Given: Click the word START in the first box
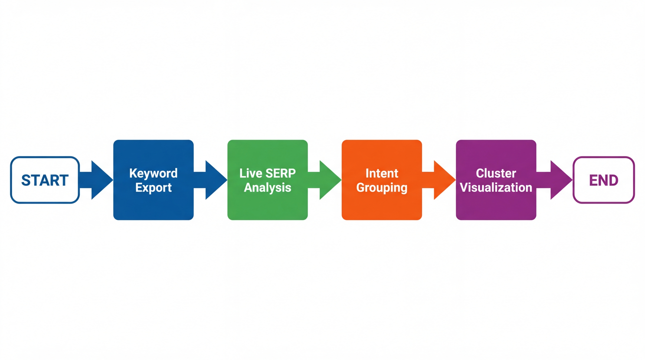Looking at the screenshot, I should (x=45, y=180).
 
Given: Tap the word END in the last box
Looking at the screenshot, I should (x=604, y=180).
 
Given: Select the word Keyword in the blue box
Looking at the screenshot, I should (x=153, y=173).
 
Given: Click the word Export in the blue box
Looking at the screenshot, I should (x=153, y=187).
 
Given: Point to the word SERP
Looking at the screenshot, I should (x=281, y=173).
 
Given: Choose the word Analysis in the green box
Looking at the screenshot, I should (x=267, y=187).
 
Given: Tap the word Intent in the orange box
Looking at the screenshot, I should (x=382, y=173).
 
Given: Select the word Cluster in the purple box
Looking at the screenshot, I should (x=496, y=173).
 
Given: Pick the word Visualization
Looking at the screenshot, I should (x=496, y=187).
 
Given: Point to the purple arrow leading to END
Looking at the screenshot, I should (x=557, y=180).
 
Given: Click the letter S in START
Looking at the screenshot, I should (x=26, y=180).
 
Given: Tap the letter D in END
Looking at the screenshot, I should (x=613, y=180).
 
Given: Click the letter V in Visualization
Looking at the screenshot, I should (x=464, y=187).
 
